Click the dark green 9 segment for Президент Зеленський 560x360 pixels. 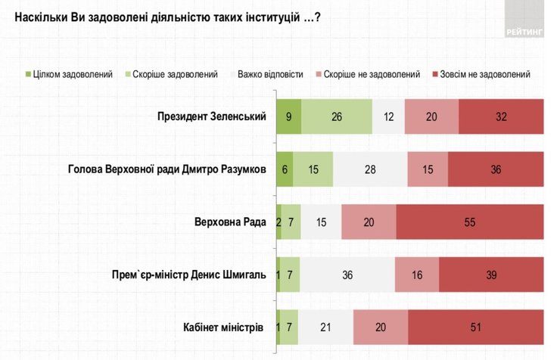point(288,116)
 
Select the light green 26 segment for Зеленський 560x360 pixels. point(336,116)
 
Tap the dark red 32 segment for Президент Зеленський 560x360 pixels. point(500,116)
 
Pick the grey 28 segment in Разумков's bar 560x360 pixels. point(370,169)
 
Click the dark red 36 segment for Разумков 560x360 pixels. point(496,169)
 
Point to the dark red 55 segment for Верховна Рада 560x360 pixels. point(469,222)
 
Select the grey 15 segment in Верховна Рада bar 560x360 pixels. point(321,222)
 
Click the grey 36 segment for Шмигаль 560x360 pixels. point(347,275)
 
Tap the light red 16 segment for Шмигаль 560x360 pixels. point(416,275)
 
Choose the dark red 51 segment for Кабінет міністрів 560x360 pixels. point(475,327)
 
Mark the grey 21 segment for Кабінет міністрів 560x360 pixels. point(325,327)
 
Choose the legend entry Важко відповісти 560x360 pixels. point(270,74)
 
